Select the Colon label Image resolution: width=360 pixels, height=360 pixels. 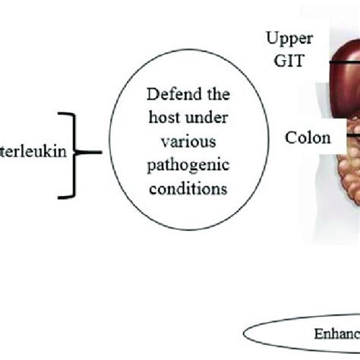coord(308,138)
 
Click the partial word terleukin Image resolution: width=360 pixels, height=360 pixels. coord(35,151)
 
